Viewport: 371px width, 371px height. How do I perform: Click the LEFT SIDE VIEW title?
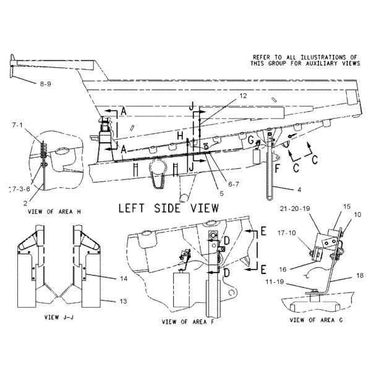168,208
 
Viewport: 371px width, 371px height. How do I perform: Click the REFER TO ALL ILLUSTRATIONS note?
304,60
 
